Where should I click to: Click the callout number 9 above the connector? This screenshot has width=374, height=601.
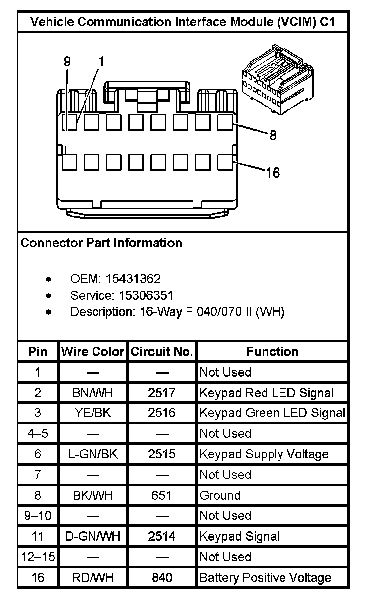coord(67,62)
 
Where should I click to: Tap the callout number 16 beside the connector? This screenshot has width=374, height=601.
coord(273,173)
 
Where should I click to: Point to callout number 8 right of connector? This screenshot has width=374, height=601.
coord(273,135)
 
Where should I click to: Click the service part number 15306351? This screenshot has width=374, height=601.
coord(146,296)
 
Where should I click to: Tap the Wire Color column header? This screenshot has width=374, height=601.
coord(93,352)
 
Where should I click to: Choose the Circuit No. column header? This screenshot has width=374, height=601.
coord(162,352)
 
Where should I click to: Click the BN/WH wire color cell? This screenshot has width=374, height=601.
coord(93,393)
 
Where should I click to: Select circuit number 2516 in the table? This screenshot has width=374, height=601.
coord(162,413)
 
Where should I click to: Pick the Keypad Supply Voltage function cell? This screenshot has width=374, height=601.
coord(264,454)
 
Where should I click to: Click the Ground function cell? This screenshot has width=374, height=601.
coord(220,495)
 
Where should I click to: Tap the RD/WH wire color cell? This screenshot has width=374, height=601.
coord(93,577)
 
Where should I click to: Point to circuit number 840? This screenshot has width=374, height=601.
coord(162,577)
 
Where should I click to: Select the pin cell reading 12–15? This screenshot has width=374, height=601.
coord(38,557)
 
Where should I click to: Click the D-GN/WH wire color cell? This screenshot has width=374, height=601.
coord(93,536)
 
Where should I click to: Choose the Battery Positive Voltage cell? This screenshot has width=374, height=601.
coord(265,577)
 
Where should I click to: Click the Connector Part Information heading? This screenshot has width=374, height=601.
coord(101,243)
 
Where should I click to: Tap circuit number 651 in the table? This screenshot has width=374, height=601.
coord(162,495)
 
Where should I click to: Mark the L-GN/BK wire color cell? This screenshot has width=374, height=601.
coord(93,454)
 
